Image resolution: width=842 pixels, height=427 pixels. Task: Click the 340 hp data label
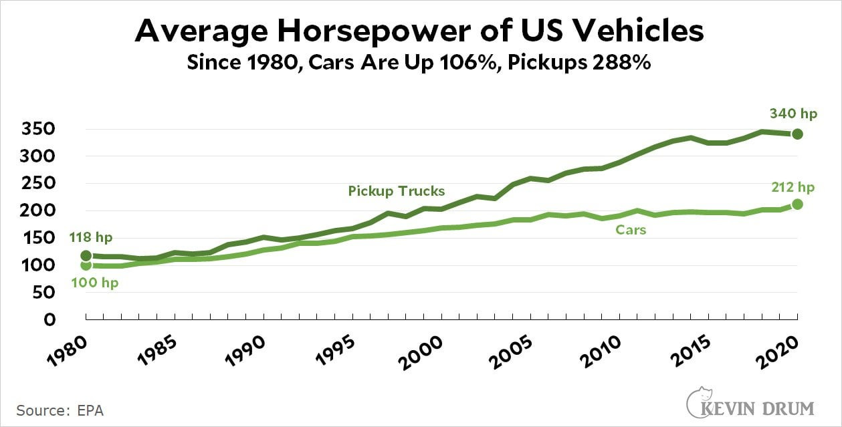pyautogui.click(x=793, y=114)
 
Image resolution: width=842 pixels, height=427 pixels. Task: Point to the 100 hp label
pyautogui.click(x=94, y=283)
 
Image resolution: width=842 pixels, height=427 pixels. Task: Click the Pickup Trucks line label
pyautogui.click(x=396, y=191)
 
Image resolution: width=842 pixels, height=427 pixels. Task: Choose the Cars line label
pyautogui.click(x=630, y=230)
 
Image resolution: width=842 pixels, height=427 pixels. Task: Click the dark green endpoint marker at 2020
pyautogui.click(x=797, y=134)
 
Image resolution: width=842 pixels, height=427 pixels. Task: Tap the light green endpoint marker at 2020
pyautogui.click(x=797, y=204)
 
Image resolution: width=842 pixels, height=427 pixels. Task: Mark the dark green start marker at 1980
pyautogui.click(x=86, y=256)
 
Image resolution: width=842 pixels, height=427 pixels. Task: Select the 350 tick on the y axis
pyautogui.click(x=43, y=129)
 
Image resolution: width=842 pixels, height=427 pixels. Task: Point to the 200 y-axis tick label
pyautogui.click(x=43, y=210)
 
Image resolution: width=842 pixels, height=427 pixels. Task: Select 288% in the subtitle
pyautogui.click(x=620, y=65)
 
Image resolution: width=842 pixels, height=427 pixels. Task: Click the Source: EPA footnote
pyautogui.click(x=60, y=410)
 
